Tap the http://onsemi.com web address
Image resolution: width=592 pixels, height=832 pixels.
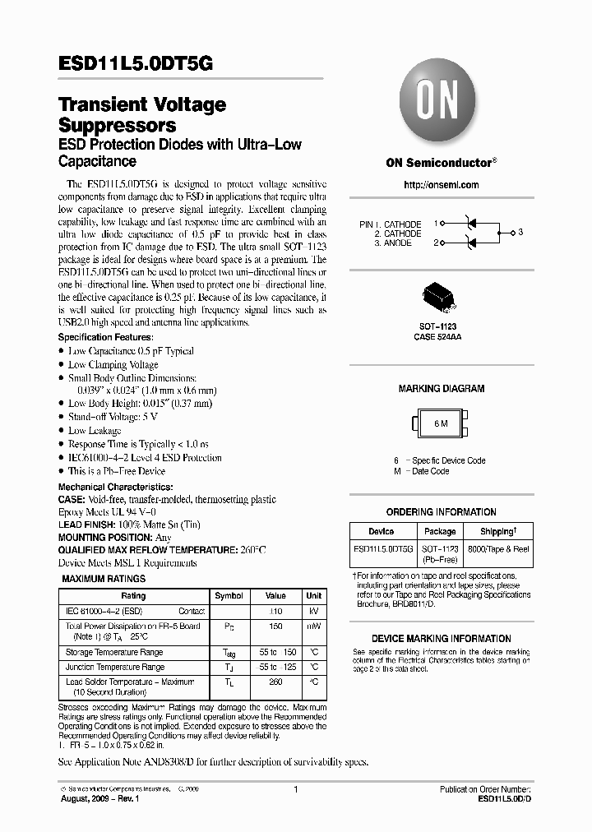tap(441, 185)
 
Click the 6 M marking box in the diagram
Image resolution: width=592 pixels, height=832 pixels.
tap(442, 423)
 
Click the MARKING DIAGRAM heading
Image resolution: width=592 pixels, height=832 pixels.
tap(442, 389)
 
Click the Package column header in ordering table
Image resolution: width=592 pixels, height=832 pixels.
tap(440, 532)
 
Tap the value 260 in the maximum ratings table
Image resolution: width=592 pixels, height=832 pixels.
tap(275, 682)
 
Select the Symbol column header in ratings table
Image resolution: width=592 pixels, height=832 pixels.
tap(229, 596)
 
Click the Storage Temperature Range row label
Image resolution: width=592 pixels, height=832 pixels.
tap(114, 652)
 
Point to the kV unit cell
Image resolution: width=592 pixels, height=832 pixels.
tap(313, 612)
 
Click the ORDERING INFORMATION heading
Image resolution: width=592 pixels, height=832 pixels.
tap(441, 512)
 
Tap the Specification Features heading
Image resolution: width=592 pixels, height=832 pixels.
tap(105, 338)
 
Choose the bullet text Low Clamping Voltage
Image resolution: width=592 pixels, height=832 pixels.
tap(113, 364)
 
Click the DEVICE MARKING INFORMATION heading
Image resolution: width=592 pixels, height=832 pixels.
tap(441, 639)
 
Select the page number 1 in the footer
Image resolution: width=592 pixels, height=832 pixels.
tap(295, 789)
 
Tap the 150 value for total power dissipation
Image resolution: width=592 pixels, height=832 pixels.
tap(275, 626)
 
